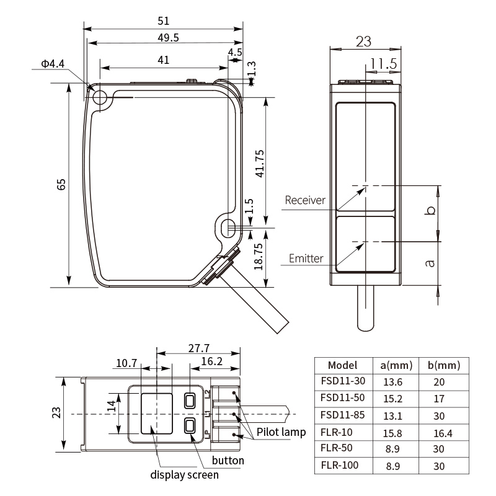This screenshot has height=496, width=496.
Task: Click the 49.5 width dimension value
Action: tap(168, 38)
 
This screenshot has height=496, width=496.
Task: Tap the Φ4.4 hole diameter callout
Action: tap(53, 64)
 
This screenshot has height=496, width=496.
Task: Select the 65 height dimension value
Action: tap(61, 184)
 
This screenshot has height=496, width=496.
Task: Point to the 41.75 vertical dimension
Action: tap(259, 164)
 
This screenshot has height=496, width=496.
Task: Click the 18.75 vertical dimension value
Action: tap(259, 257)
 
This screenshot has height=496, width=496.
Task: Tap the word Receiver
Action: tap(305, 200)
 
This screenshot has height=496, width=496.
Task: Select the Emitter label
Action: tap(306, 259)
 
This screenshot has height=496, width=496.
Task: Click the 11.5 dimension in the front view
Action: tap(383, 64)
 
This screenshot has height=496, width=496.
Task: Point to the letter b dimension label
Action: tap(430, 210)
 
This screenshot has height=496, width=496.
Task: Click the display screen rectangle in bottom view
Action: tap(157, 414)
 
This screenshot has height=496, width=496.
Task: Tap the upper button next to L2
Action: tap(190, 401)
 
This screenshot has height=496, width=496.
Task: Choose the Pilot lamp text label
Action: tap(281, 432)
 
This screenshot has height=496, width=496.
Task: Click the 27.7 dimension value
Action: tap(198, 348)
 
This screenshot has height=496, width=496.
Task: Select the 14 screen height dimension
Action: tap(112, 406)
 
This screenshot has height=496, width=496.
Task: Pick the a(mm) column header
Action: tap(396, 365)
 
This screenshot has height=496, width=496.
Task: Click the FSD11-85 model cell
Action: tap(343, 415)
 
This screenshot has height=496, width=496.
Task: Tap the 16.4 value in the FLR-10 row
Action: tap(443, 433)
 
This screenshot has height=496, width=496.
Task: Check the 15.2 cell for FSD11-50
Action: tap(392, 399)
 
